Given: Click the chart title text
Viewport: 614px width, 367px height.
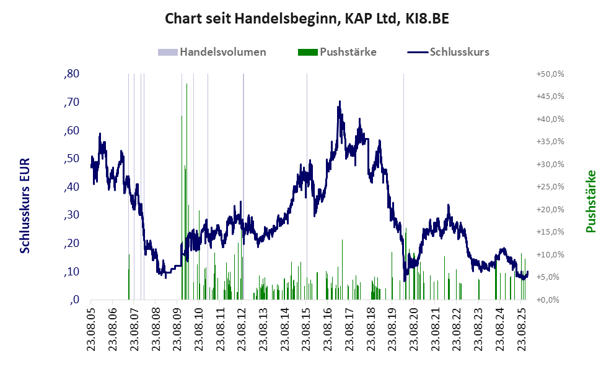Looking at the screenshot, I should (307, 19).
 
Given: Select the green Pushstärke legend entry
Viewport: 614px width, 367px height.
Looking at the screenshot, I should (348, 52).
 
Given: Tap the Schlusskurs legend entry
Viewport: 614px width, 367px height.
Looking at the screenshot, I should (459, 52).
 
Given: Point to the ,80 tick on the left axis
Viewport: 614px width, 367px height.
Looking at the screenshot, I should (71, 74).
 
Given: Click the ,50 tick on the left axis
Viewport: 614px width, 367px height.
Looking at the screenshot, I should (71, 158).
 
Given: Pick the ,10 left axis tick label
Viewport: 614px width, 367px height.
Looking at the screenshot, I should (71, 272).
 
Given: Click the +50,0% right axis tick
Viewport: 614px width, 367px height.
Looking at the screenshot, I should (550, 74).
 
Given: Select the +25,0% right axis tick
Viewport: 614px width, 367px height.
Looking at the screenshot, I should (550, 187).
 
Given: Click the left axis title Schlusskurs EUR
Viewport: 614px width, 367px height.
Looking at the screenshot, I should (25, 204).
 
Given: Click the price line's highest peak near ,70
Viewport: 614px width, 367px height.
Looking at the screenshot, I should (340, 102).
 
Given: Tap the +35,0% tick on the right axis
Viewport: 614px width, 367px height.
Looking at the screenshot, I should (550, 142).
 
